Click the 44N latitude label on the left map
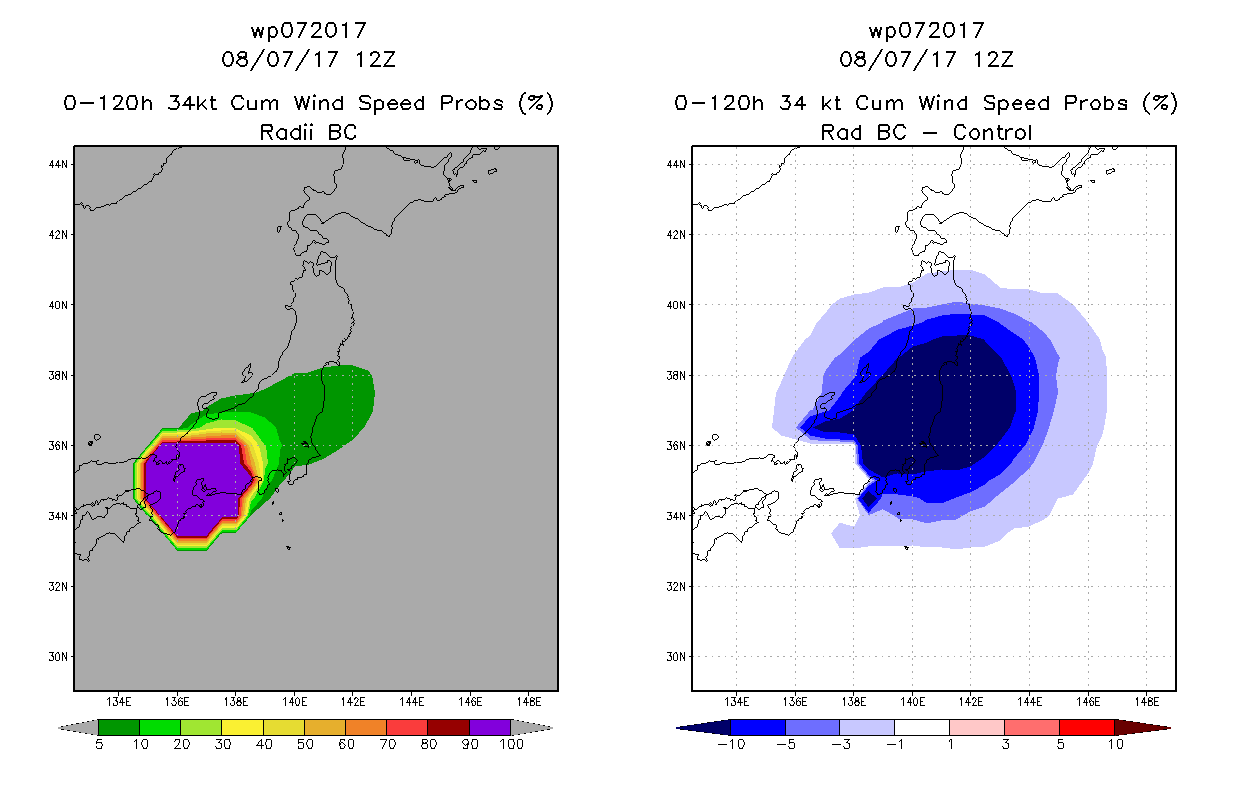click(x=58, y=164)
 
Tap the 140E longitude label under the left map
click(x=294, y=702)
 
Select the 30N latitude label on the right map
click(x=676, y=657)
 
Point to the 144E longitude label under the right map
click(x=1030, y=702)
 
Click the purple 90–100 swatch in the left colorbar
click(x=490, y=727)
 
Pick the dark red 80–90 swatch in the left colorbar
click(x=449, y=727)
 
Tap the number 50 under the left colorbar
click(x=305, y=744)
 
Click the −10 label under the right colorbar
click(x=731, y=744)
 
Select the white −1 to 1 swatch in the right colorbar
click(x=922, y=727)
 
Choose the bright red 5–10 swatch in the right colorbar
click(x=1087, y=727)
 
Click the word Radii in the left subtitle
click(x=286, y=132)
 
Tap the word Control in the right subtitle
click(x=992, y=132)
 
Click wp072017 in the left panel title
click(x=309, y=30)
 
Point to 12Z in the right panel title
click(x=993, y=59)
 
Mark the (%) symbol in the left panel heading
click(x=536, y=103)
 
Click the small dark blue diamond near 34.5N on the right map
click(x=869, y=500)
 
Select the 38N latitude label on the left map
click(x=58, y=375)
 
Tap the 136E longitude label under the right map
click(x=795, y=702)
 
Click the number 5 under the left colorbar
click(x=99, y=744)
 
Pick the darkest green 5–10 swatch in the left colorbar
click(x=119, y=727)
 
